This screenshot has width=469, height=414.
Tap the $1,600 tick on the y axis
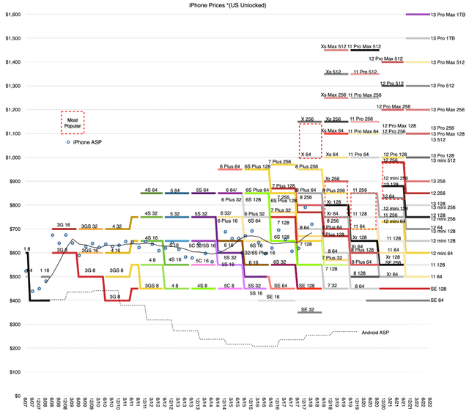click(x=12, y=14)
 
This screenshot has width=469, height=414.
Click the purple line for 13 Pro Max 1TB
click(x=417, y=14)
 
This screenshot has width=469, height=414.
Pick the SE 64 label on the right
click(x=437, y=300)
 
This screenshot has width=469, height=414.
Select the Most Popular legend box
click(x=73, y=122)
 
